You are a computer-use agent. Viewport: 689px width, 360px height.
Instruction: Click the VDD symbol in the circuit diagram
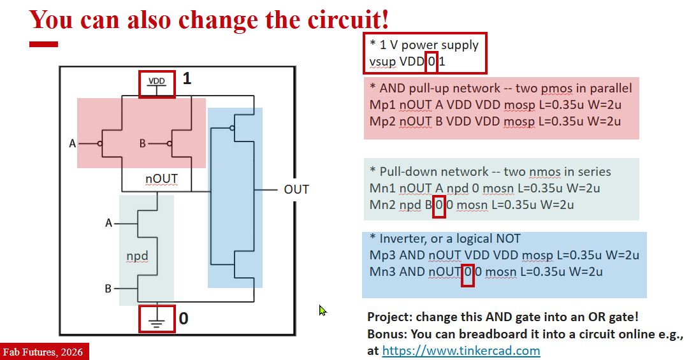(x=157, y=83)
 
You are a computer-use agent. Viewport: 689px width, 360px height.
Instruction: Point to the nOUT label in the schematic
(x=161, y=179)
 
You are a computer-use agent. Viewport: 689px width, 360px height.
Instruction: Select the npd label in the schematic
(x=137, y=256)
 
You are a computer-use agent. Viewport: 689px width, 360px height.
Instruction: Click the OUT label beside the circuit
(x=296, y=189)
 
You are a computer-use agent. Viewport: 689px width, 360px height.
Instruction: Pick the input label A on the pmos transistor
(x=73, y=143)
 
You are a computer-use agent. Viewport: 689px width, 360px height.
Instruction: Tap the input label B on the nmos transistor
(x=108, y=289)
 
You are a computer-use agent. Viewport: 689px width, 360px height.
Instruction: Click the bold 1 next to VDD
(x=187, y=79)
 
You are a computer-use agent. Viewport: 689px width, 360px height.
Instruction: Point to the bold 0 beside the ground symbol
(x=184, y=318)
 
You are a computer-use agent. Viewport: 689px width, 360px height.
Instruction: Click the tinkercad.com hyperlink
(x=461, y=350)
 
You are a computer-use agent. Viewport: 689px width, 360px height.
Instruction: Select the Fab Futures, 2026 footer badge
(x=43, y=352)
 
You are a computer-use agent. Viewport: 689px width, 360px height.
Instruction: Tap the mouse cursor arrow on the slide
(x=323, y=310)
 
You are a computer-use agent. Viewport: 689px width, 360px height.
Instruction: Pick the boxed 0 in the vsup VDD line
(x=432, y=62)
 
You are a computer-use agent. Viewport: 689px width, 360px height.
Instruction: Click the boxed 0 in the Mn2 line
(x=439, y=205)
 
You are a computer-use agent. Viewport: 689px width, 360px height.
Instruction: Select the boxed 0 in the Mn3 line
(x=467, y=272)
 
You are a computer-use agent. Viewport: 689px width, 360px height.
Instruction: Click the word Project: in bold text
(x=389, y=317)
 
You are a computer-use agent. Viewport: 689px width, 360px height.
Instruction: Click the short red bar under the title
(x=43, y=44)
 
